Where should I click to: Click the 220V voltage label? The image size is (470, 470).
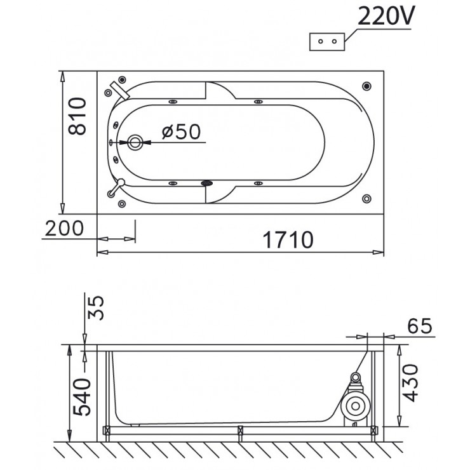click(386, 16)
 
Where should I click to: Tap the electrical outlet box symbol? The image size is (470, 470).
click(327, 41)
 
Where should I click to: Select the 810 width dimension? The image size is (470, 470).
click(77, 116)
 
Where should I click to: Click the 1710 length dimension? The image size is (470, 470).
click(288, 240)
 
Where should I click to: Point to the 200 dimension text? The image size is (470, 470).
click(64, 229)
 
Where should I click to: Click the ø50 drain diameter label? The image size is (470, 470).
click(181, 131)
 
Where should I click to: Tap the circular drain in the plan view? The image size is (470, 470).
click(135, 142)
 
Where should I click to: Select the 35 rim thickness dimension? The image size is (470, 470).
click(96, 308)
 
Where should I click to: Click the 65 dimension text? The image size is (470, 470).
click(420, 326)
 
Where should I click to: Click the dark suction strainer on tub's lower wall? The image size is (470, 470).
click(207, 183)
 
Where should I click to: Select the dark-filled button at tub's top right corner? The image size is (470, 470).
click(366, 86)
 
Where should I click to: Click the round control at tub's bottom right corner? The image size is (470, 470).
click(366, 198)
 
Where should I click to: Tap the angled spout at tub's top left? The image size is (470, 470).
click(120, 90)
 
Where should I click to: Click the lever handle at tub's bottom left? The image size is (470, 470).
click(116, 187)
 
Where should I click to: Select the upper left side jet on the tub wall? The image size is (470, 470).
click(173, 102)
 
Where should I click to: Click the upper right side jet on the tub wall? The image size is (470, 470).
click(258, 102)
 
